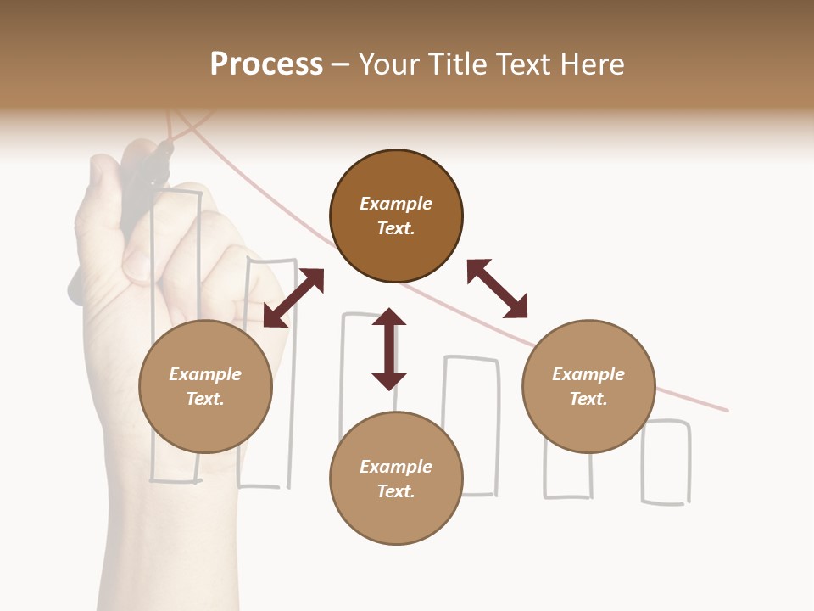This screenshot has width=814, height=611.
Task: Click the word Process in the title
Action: [x=266, y=64]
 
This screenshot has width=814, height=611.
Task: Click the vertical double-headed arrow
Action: [x=389, y=349]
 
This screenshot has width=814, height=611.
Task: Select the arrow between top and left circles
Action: [x=293, y=298]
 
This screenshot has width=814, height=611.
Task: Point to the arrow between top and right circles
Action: [x=497, y=289]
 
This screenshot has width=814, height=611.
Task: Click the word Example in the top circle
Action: [x=396, y=204]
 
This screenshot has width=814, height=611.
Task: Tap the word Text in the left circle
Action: [x=204, y=399]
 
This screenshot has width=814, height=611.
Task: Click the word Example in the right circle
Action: [x=588, y=374]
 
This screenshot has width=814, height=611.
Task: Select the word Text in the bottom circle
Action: [x=395, y=491]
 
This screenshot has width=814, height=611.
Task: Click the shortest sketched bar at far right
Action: [x=666, y=462]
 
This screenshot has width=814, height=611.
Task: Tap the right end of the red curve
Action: [x=725, y=410]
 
